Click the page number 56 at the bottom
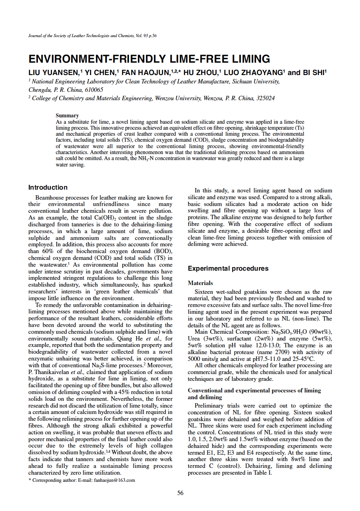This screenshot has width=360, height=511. [180, 493]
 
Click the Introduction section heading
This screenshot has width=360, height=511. [48, 187]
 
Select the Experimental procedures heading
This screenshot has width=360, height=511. [228, 268]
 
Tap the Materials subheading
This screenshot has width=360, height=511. [200, 283]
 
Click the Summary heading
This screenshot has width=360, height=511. [67, 115]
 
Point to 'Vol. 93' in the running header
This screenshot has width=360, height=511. [139, 36]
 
